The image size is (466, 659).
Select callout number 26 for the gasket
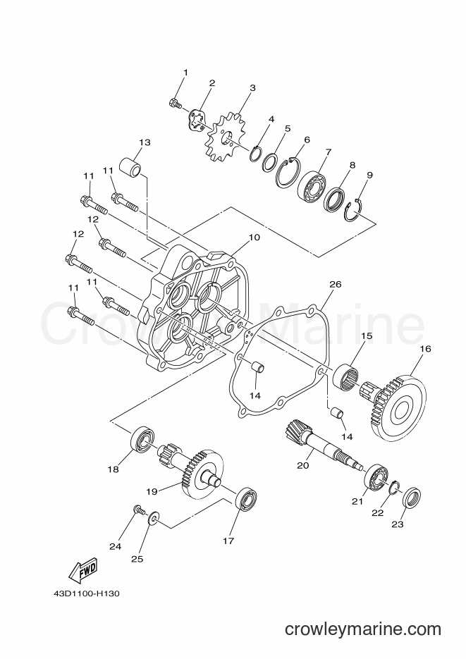tap(336, 285)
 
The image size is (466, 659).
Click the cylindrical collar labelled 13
tap(130, 167)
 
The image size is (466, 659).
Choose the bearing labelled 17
tap(247, 499)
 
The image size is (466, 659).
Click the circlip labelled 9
tap(353, 210)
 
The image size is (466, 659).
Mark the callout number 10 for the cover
tap(255, 238)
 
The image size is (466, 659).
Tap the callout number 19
tap(152, 491)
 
